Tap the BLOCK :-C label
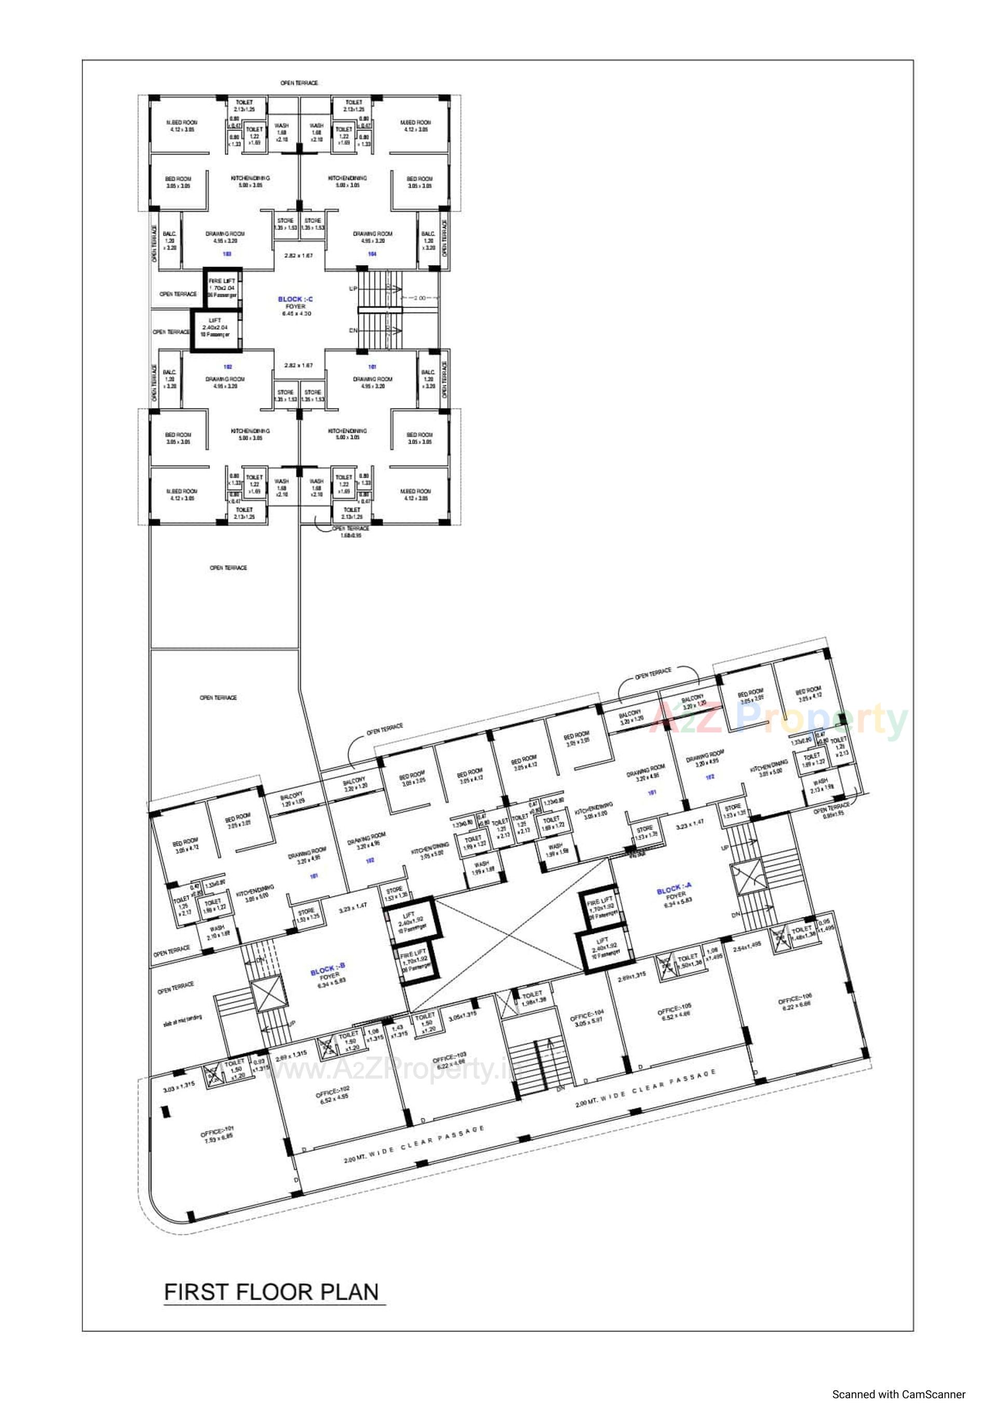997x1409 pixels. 295,299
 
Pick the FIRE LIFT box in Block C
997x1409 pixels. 222,288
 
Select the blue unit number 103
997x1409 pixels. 227,253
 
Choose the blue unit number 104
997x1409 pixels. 372,253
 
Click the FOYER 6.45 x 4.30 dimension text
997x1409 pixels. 297,313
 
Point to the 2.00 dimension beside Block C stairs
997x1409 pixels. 419,298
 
